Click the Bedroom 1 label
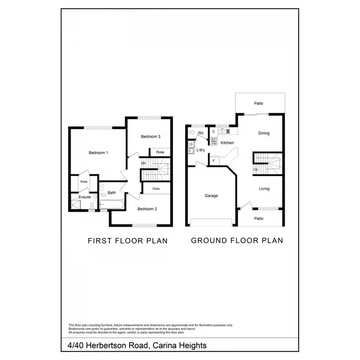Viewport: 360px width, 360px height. point(98,153)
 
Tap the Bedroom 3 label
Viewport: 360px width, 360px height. point(150,137)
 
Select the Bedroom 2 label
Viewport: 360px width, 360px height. point(147,209)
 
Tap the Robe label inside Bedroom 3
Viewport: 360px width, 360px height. point(160,152)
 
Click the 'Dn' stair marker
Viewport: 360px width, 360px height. point(143,163)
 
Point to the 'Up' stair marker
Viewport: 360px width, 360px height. point(255,169)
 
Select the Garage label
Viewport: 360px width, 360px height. point(211,196)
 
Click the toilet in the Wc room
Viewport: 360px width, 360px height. point(192,132)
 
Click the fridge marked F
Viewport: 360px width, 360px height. point(214,160)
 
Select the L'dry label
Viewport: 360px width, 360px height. point(202,150)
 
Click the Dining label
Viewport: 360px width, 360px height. point(264,133)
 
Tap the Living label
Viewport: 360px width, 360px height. point(264,189)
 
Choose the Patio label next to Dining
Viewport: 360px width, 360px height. point(259,103)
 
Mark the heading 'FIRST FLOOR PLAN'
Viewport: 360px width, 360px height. point(127,240)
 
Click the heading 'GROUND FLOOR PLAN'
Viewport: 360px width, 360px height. point(237,240)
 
